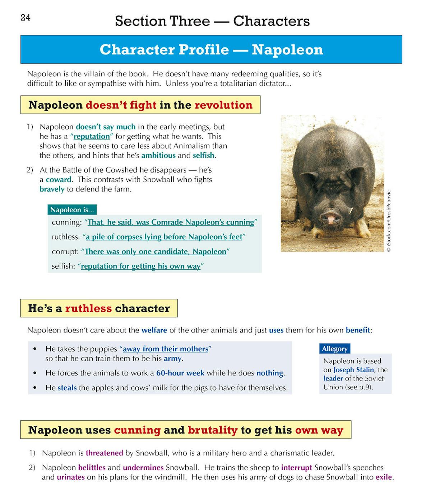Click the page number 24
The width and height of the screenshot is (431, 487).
click(x=26, y=18)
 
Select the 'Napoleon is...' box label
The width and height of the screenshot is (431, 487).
click(x=72, y=210)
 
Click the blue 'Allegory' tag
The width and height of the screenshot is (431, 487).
click(x=334, y=349)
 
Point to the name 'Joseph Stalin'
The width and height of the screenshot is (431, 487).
click(x=354, y=370)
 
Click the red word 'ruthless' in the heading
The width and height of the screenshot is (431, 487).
click(x=88, y=308)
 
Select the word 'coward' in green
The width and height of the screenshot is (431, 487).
click(x=59, y=179)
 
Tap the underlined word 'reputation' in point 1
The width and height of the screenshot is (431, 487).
click(x=92, y=136)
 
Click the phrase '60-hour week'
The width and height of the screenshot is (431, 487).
click(x=180, y=373)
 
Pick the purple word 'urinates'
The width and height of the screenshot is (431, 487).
click(x=71, y=477)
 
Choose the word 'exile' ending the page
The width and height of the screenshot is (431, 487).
click(x=384, y=477)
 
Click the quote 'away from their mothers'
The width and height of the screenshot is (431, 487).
click(x=165, y=349)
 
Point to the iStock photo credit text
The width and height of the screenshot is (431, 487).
click(x=389, y=221)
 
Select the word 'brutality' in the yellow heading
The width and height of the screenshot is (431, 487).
click(x=212, y=430)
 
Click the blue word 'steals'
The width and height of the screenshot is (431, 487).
click(x=67, y=388)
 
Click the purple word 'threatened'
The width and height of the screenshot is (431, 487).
click(x=104, y=453)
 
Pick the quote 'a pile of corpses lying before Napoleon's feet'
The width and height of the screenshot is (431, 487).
click(x=164, y=237)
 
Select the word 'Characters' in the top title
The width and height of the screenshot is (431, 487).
click(x=271, y=21)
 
